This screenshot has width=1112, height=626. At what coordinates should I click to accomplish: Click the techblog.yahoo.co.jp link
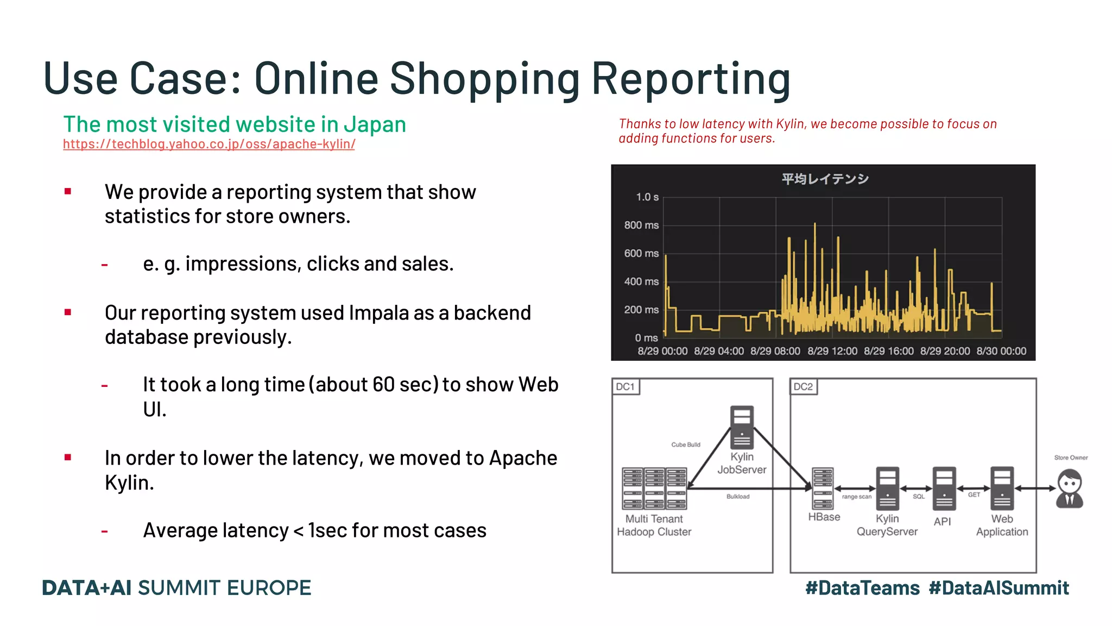[x=209, y=144]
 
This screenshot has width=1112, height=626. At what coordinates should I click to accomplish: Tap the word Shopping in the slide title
[x=485, y=79]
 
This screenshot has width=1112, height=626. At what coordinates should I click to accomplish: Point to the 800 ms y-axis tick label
[x=641, y=225]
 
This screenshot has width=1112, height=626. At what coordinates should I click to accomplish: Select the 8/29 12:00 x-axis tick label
[x=832, y=351]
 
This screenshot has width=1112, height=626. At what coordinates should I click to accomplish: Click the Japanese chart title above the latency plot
[x=825, y=179]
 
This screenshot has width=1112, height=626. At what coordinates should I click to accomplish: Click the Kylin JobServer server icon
[x=742, y=427]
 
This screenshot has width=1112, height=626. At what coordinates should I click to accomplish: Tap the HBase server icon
[x=823, y=488]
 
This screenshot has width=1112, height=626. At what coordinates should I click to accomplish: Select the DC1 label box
[x=625, y=387]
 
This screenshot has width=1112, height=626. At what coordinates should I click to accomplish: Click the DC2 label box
[x=803, y=387]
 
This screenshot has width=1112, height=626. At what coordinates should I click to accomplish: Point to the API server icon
[x=944, y=488]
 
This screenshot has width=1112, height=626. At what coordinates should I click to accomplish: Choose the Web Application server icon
[x=1002, y=488]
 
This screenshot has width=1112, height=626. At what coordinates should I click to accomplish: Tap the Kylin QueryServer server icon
[x=887, y=488]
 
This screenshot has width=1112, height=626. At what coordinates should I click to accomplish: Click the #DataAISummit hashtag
[x=999, y=588]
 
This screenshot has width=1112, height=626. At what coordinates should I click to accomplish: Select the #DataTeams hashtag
[x=862, y=588]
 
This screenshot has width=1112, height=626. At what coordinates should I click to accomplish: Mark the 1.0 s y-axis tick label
[x=647, y=197]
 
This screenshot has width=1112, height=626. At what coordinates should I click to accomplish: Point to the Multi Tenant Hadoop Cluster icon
[x=654, y=488]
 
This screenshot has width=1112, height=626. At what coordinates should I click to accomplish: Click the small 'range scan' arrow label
[x=856, y=497]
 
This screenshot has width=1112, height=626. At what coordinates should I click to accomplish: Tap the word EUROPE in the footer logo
[x=269, y=588]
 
